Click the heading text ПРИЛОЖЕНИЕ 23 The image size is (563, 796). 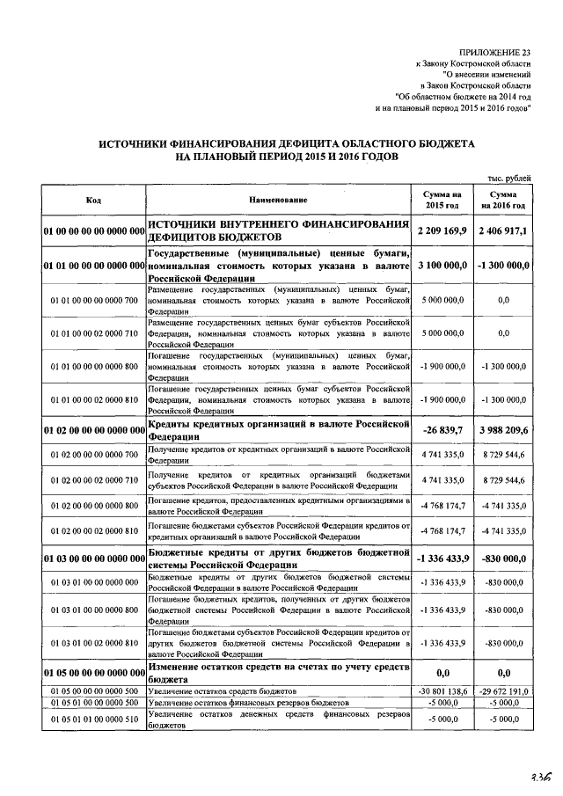496,54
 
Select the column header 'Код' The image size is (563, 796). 93,200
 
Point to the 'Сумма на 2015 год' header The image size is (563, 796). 442,200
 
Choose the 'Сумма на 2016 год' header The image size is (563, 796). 503,200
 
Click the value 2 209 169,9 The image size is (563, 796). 442,230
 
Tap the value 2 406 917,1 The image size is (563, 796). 503,230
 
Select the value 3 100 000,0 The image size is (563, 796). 442,264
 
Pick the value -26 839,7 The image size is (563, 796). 442,430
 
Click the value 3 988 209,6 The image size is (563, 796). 503,430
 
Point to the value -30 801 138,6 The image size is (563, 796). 442,691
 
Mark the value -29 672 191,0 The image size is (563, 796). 502,691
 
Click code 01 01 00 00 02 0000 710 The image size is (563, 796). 94,333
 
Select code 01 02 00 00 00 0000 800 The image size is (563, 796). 94,505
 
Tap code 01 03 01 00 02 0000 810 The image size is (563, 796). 94,642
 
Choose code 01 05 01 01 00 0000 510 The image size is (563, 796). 94,720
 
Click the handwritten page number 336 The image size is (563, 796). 539,777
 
